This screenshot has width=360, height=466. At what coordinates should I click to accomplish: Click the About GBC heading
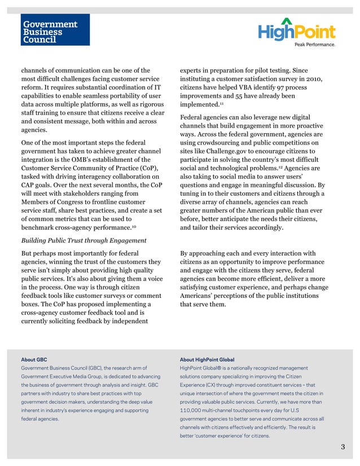tap(34, 359)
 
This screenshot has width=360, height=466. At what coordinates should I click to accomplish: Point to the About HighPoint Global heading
tap(207, 359)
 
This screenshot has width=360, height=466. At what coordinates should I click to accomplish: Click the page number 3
tap(343, 447)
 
